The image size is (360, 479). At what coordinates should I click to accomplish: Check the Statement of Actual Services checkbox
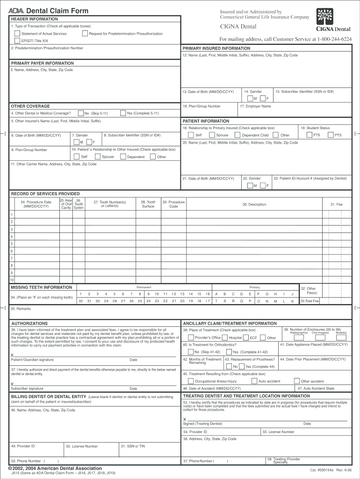tap(17, 34)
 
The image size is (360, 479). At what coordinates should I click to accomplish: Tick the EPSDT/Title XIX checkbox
tap(17, 41)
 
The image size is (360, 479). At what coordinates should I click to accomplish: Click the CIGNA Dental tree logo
tap(324, 17)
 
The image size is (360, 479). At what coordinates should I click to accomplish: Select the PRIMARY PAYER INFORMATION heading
tap(42, 63)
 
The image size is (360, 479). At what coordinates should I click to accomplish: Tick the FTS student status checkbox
tap(310, 135)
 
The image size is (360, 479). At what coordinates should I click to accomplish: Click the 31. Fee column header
tap(336, 204)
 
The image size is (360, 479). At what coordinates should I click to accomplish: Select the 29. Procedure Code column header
tap(173, 204)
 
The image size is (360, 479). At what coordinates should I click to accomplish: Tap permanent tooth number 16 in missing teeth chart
tap(207, 294)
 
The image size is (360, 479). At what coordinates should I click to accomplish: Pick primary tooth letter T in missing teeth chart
tap(216, 301)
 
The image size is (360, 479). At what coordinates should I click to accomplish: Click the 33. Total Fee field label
tap(310, 301)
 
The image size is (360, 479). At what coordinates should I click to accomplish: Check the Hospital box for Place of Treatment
tap(225, 337)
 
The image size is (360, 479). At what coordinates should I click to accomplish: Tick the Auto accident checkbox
tap(255, 381)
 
